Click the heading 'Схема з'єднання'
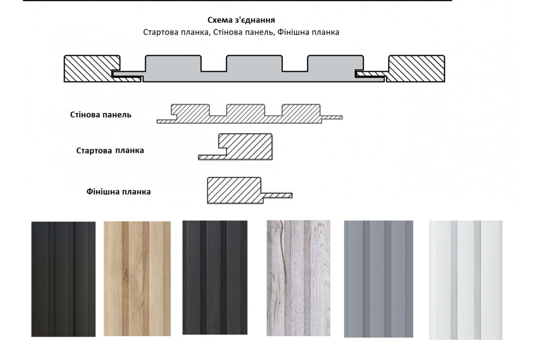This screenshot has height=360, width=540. [x=241, y=20]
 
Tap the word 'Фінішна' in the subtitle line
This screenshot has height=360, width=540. [x=292, y=32]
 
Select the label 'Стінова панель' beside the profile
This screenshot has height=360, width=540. [x=101, y=115]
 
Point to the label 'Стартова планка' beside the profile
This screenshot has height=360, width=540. [x=110, y=150]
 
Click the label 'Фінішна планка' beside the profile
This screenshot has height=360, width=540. [x=119, y=192]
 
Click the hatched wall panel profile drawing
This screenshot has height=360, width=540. [x=249, y=114]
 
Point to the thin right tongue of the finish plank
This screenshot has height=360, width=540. [x=277, y=195]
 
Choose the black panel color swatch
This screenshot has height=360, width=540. [x=63, y=279]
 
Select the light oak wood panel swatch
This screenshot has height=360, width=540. [x=137, y=279]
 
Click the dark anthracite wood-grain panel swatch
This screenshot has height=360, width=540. [x=215, y=278]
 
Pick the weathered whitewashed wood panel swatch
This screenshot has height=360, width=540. [x=298, y=278]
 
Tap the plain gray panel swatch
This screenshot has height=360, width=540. [x=378, y=279]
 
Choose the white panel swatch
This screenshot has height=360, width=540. [x=465, y=280]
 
